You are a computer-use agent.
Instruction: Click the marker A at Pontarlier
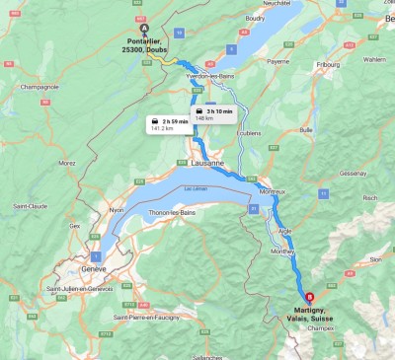coord(144,27)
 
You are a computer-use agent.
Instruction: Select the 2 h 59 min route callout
coord(167,123)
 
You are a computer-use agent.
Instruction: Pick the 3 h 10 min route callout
coord(213,114)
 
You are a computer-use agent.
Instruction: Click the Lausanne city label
coord(207,162)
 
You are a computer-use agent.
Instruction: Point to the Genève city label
coord(93,269)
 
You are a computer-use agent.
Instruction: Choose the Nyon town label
coord(116,210)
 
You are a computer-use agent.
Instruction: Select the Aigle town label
coord(286,230)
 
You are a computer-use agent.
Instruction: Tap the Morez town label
coord(67,163)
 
